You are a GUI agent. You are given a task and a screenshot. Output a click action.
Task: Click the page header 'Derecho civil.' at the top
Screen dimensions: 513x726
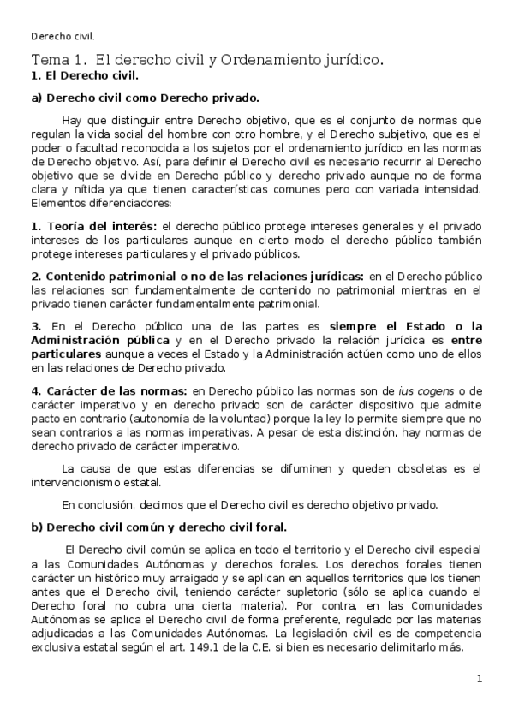point(62,36)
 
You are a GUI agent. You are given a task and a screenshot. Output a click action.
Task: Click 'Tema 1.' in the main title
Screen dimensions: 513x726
point(58,61)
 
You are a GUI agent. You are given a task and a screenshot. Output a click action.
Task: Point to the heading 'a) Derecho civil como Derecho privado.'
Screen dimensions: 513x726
point(145,98)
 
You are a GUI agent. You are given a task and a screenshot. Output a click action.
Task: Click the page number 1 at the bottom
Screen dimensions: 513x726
point(480,679)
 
